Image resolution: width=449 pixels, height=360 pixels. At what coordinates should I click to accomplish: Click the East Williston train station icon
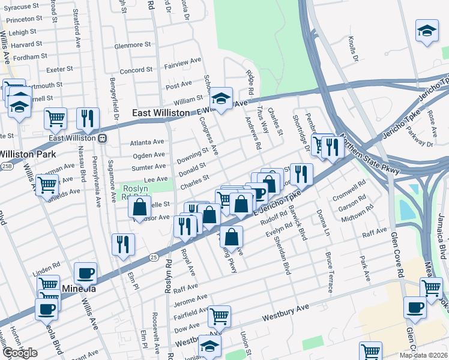click(x=103, y=138)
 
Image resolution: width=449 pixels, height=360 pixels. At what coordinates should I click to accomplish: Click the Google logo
click(x=19, y=353)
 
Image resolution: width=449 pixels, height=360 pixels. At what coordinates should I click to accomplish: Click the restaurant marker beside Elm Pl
click(x=123, y=244)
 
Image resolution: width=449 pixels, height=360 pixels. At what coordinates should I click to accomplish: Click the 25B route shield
click(x=6, y=165)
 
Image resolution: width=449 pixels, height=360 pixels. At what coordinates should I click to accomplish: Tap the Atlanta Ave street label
click(x=147, y=143)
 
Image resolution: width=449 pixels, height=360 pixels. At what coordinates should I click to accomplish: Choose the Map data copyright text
click(x=424, y=355)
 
